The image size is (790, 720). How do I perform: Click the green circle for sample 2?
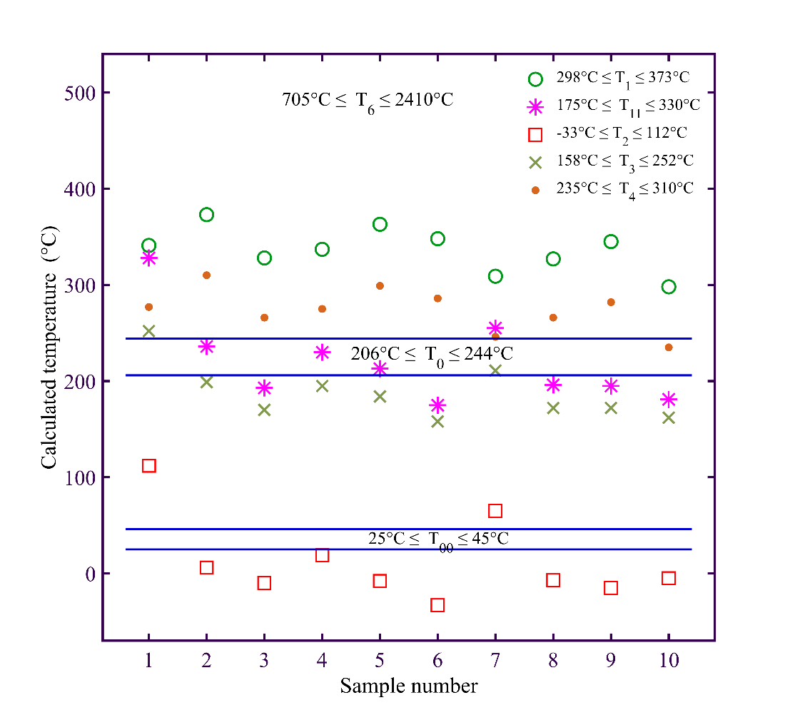[206, 215]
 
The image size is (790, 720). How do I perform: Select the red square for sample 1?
[148, 465]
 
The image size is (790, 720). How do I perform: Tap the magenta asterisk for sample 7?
[495, 328]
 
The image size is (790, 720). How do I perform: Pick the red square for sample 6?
[437, 605]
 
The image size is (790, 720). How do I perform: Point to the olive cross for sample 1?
[148, 331]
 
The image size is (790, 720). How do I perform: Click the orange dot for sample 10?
[669, 348]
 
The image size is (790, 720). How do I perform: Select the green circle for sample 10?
[669, 287]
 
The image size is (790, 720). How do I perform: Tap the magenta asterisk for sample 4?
[322, 352]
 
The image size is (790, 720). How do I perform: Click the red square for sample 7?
[495, 511]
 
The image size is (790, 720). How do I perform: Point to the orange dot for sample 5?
[380, 285]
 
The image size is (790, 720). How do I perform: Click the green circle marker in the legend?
[535, 79]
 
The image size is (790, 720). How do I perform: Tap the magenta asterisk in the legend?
[535, 106]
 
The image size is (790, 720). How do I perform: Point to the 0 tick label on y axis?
[90, 574]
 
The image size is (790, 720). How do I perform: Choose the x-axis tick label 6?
[437, 661]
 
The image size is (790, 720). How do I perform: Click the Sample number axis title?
[408, 686]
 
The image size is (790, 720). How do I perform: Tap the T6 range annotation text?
[368, 100]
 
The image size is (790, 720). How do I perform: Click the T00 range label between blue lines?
[438, 539]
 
